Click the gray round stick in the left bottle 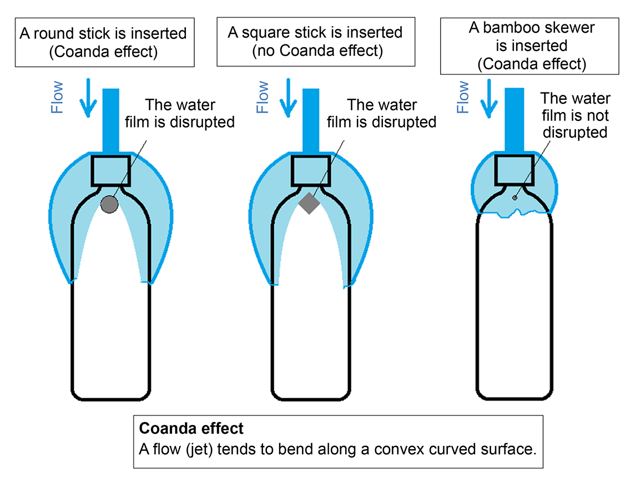(x=110, y=205)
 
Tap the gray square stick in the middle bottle (x=309, y=203)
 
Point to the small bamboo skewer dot (x=515, y=197)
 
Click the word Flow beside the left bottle (x=58, y=97)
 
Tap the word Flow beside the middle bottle (x=263, y=97)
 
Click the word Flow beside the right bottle (x=463, y=97)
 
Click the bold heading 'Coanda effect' (x=191, y=429)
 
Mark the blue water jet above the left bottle (x=111, y=119)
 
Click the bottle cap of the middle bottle (x=311, y=171)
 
